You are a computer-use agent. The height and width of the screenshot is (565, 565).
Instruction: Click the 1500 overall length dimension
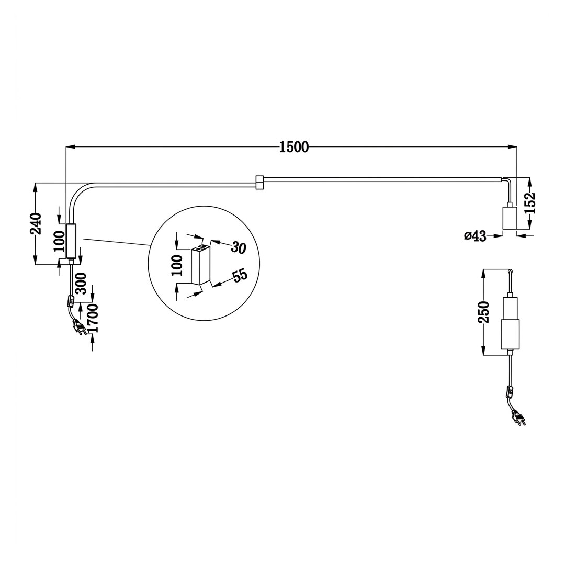(294, 147)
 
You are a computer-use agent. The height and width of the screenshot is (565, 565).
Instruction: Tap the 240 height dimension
(36, 224)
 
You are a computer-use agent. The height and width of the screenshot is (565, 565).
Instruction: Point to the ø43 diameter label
(475, 236)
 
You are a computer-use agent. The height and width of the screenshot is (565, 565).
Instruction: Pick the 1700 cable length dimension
(93, 318)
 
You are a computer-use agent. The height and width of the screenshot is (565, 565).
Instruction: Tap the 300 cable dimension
(81, 284)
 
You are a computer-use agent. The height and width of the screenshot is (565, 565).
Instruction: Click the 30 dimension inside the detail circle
(239, 247)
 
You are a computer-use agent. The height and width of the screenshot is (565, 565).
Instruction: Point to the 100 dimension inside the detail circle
(177, 266)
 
